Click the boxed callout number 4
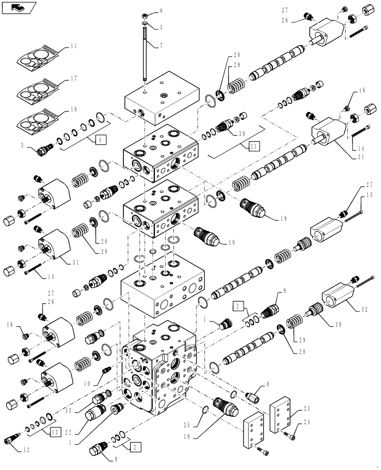click(x=99, y=139)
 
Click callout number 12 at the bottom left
click(x=26, y=450)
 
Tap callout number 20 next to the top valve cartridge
click(x=242, y=133)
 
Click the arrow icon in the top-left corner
click(x=17, y=8)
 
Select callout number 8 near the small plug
click(x=267, y=384)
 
